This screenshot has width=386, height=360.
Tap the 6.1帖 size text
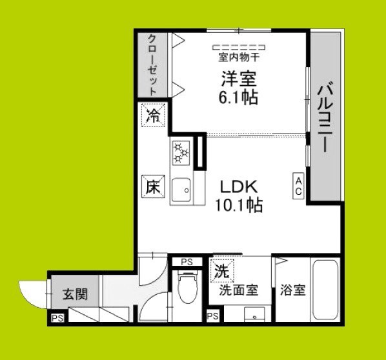click(240, 98)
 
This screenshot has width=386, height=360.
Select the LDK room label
click(239, 188)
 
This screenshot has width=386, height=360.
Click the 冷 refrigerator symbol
click(154, 116)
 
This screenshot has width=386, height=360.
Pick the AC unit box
click(299, 187)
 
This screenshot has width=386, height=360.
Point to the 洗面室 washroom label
click(238, 290)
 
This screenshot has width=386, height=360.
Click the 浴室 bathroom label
click(292, 290)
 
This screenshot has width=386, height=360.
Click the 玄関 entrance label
click(76, 295)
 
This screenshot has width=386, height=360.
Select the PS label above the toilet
click(187, 261)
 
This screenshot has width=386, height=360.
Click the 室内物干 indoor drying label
click(239, 56)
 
